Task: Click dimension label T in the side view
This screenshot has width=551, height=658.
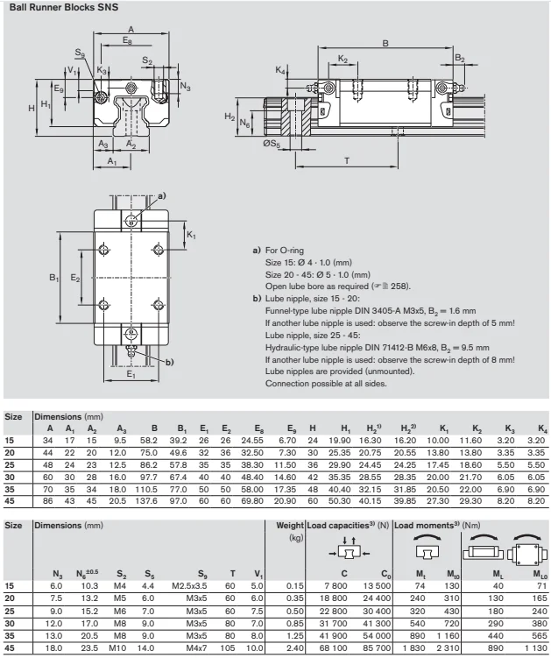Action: (x=347, y=160)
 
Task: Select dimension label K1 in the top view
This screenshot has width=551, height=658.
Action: (x=193, y=236)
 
